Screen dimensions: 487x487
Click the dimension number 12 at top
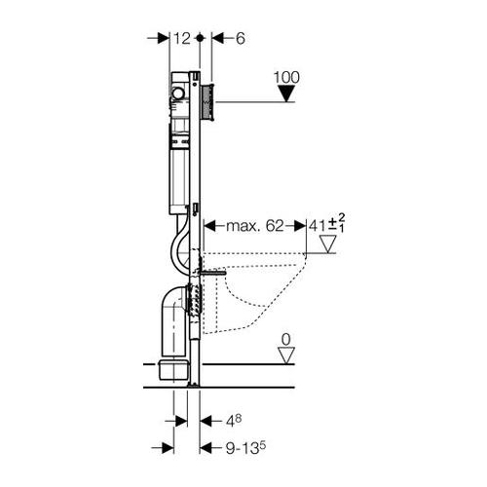[182, 39]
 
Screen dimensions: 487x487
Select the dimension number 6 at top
[241, 39]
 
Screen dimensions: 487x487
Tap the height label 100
[286, 77]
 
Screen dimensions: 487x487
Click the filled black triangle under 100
[286, 94]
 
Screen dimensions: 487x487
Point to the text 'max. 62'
[255, 226]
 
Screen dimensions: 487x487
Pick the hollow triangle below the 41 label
[327, 244]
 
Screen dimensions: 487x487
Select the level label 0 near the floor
[286, 340]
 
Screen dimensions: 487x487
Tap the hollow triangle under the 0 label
[286, 356]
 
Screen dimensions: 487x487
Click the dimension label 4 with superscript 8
[234, 421]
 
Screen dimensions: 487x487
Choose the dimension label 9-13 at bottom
[245, 448]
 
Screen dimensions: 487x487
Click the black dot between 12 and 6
[200, 38]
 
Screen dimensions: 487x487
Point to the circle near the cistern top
[178, 94]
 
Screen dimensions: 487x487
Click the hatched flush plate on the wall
[208, 101]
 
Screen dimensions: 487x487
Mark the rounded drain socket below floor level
[173, 368]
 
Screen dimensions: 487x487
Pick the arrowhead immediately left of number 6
[218, 39]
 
